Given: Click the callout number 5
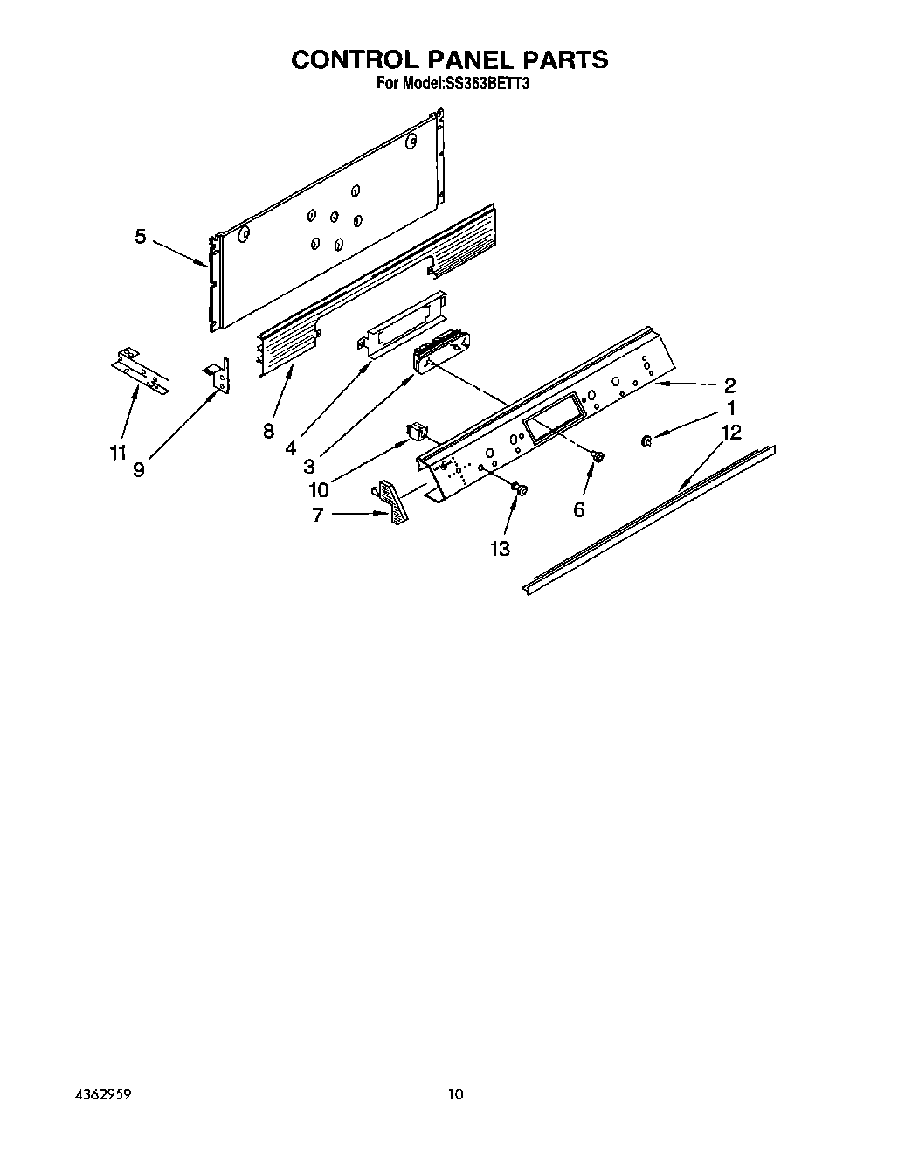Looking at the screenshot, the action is [140, 236].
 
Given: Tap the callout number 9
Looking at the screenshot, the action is [139, 469].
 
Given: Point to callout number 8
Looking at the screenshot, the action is [268, 430].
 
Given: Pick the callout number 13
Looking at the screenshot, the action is [500, 548].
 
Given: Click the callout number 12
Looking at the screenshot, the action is [730, 432].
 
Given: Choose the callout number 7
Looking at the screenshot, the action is [317, 515].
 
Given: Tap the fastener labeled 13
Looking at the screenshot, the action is [520, 489].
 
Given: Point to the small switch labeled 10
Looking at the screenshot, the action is [417, 430].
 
